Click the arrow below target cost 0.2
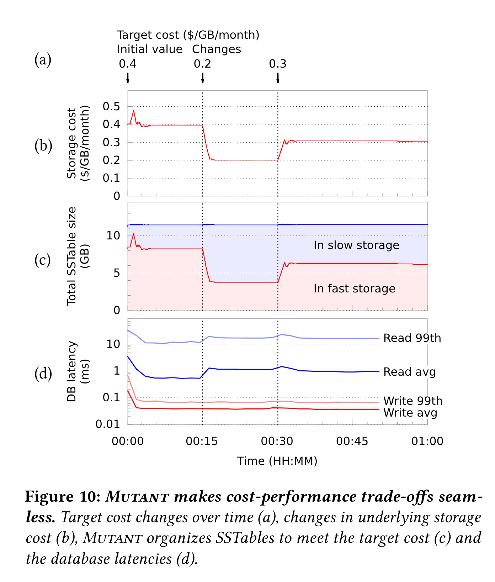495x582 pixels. (x=202, y=78)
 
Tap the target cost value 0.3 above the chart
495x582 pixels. (x=277, y=64)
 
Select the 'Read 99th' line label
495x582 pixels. (x=412, y=338)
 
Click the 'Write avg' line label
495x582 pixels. (x=410, y=413)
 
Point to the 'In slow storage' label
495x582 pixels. (x=356, y=245)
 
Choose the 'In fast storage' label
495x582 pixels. (x=354, y=289)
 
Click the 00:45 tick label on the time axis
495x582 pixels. (x=352, y=441)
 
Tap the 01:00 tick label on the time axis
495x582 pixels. (x=427, y=441)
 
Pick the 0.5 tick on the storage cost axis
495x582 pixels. (x=111, y=107)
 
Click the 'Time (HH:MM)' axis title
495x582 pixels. (x=277, y=461)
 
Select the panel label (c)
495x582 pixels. (x=43, y=260)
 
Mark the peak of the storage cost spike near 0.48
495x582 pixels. (x=134, y=111)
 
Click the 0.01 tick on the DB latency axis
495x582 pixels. (x=107, y=424)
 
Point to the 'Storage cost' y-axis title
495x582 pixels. (x=72, y=143)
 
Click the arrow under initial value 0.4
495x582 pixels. (x=128, y=78)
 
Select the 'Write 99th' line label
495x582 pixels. (x=413, y=401)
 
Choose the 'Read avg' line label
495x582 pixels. (x=409, y=372)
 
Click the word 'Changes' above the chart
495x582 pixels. (x=217, y=49)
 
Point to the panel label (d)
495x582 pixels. (x=43, y=374)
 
